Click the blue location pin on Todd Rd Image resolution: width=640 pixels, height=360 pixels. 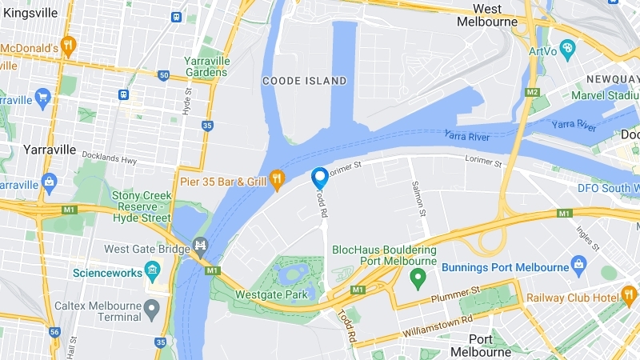[x=319, y=178]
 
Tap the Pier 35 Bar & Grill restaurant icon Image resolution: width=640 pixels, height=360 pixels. [x=277, y=182]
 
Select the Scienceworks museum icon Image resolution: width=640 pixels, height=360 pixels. [x=152, y=272]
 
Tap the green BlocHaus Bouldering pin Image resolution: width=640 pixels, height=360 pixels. [x=416, y=278]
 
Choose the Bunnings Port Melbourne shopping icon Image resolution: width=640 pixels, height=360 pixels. [x=579, y=265]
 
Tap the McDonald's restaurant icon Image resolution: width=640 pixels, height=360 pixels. [x=68, y=47]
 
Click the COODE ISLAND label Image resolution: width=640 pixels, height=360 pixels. [x=305, y=81]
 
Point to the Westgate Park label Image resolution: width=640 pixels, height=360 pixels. [x=272, y=294]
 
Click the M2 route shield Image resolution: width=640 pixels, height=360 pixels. [x=532, y=92]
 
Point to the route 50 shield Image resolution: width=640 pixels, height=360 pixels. [x=164, y=76]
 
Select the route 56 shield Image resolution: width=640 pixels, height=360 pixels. [x=54, y=332]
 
